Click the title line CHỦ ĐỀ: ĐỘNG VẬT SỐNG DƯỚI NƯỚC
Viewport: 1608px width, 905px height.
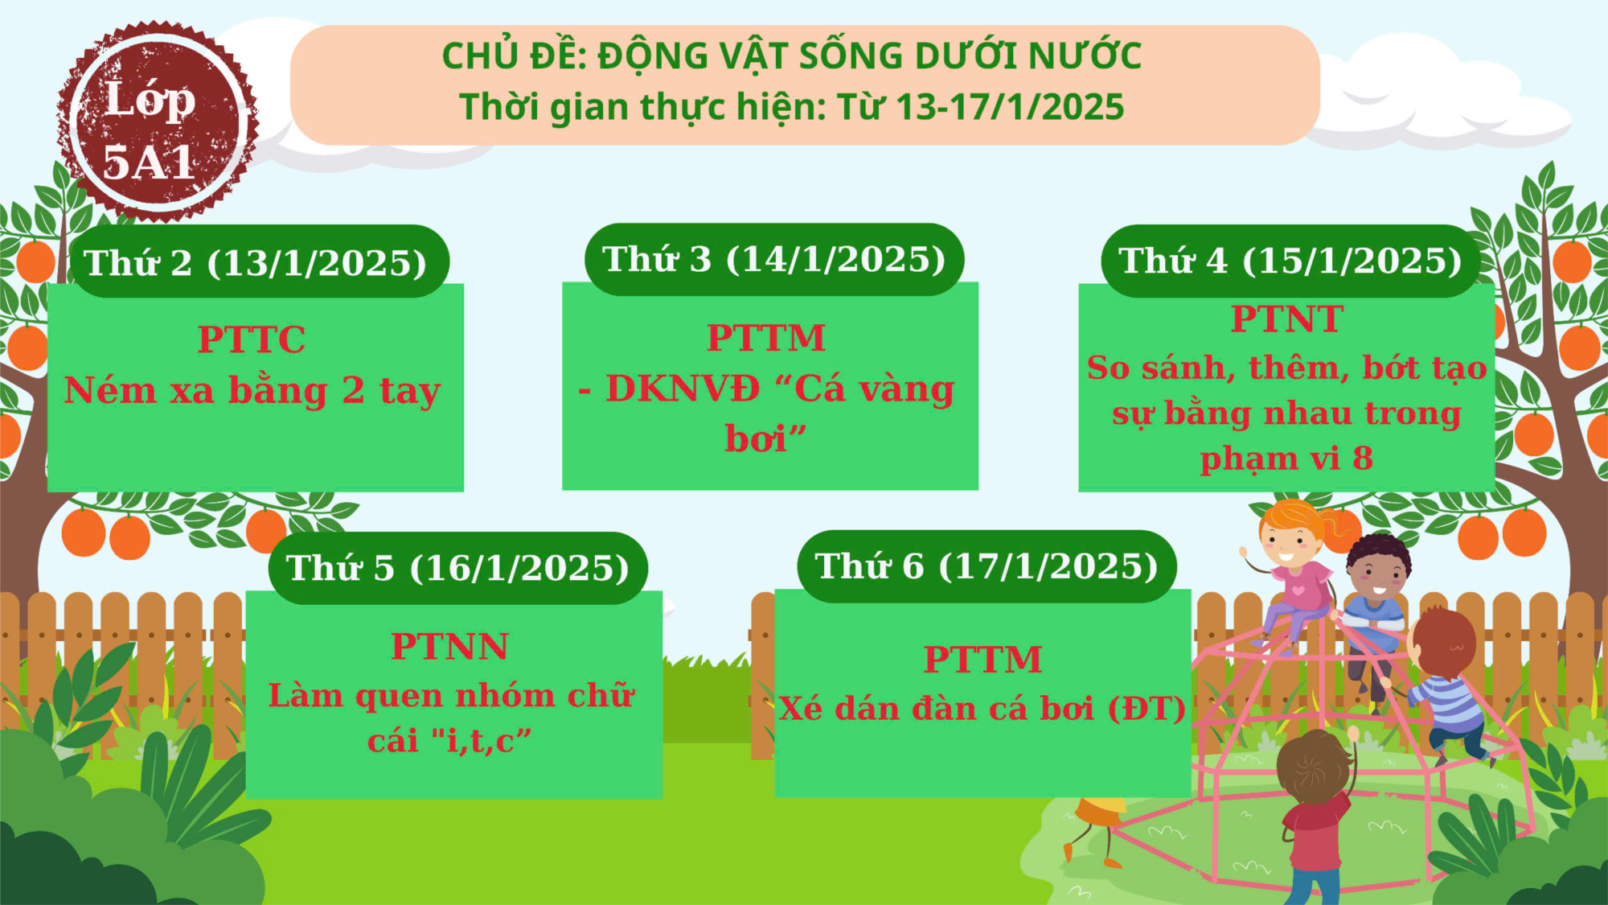point(792,56)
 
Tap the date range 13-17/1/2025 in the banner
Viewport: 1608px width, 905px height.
point(1010,107)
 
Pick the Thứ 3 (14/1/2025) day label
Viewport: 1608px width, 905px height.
point(774,259)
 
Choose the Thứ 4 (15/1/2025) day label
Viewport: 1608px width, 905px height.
point(1290,261)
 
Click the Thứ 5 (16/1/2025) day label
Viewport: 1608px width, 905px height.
point(458,568)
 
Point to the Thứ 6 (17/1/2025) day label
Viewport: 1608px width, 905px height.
point(987,566)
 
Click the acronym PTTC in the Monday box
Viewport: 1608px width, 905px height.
point(252,339)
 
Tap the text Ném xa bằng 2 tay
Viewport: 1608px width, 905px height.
point(252,391)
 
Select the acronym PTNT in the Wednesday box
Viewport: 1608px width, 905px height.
point(1287,319)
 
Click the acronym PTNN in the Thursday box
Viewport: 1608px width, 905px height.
point(450,647)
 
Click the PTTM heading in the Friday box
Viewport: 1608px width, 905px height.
point(982,660)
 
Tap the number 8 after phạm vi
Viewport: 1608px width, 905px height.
point(1363,459)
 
